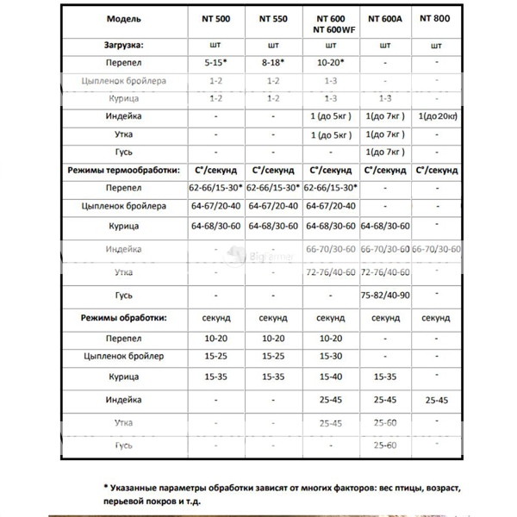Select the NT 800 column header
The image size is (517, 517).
[436, 18]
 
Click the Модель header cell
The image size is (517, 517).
[125, 18]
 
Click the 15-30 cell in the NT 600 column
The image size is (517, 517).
[331, 355]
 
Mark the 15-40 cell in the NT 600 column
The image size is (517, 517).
[331, 377]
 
